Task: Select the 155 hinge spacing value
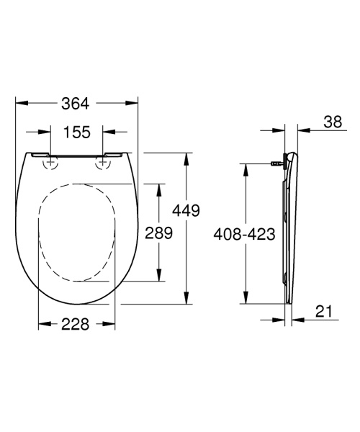coord(76,132)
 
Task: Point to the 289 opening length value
coord(158,233)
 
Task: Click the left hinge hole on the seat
coord(50,163)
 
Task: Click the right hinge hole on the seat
coord(103,163)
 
